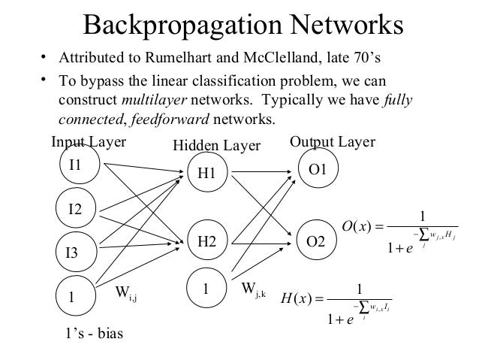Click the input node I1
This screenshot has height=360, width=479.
coord(75,168)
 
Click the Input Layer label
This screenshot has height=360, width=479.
coord(88,142)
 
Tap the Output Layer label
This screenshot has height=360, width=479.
coord(332,142)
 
